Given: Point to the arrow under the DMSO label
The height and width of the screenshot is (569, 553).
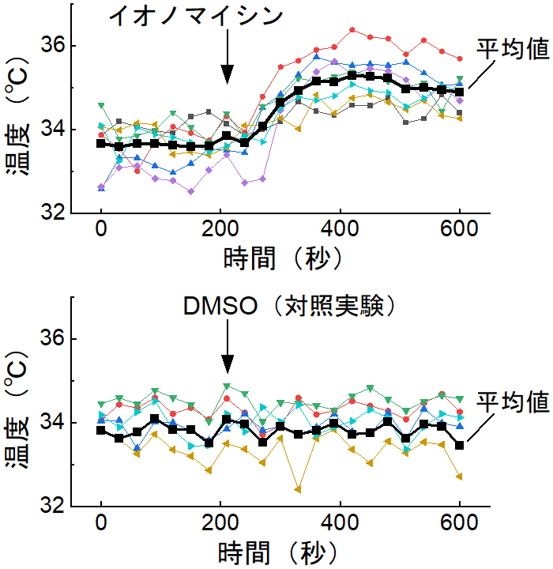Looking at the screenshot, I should point(227,348).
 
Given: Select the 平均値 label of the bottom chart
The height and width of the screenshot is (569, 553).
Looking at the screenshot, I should point(512,401).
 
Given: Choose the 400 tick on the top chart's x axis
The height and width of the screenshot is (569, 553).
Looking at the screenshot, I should point(340,230).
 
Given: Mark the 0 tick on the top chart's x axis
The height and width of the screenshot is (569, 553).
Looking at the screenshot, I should point(101,230).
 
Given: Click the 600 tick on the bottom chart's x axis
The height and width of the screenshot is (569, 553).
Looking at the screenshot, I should point(459,523).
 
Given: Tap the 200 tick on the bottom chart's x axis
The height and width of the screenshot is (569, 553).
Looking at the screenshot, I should point(220,523).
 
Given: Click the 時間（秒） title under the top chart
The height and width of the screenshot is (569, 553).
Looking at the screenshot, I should point(280,257).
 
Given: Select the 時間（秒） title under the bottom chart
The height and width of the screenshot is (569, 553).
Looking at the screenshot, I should point(280,550).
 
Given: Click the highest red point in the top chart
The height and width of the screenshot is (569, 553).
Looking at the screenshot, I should point(352,30).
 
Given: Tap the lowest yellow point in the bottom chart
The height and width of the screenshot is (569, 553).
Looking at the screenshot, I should point(298,489).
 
